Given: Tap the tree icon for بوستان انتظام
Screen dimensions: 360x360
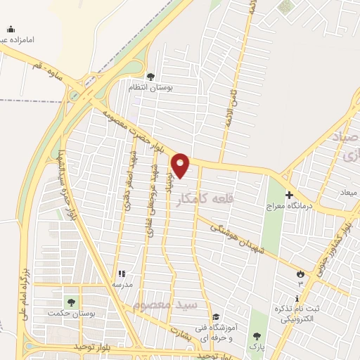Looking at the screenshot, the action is [x=149, y=77].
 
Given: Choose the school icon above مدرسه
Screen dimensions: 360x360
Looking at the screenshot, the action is [x=121, y=274].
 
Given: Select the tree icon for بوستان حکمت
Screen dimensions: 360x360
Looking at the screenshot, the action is [x=70, y=302].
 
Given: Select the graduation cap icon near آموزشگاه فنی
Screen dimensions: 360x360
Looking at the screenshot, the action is [x=215, y=317].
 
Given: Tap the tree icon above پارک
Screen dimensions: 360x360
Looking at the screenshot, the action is [x=255, y=336].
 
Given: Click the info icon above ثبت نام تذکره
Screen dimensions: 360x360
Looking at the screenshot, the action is [x=298, y=300].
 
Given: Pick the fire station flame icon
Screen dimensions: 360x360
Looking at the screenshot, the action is [x=301, y=274].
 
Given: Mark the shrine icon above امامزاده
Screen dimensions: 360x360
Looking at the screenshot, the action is [x=11, y=29].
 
